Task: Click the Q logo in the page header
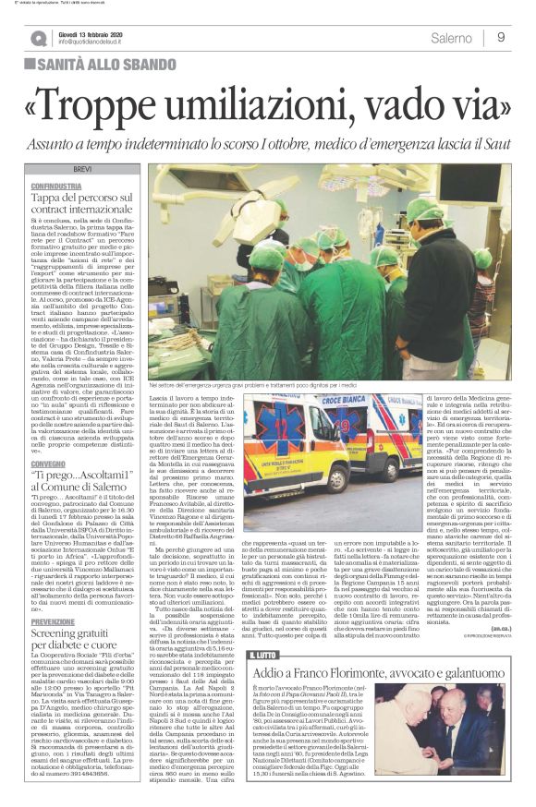point(38,38)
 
